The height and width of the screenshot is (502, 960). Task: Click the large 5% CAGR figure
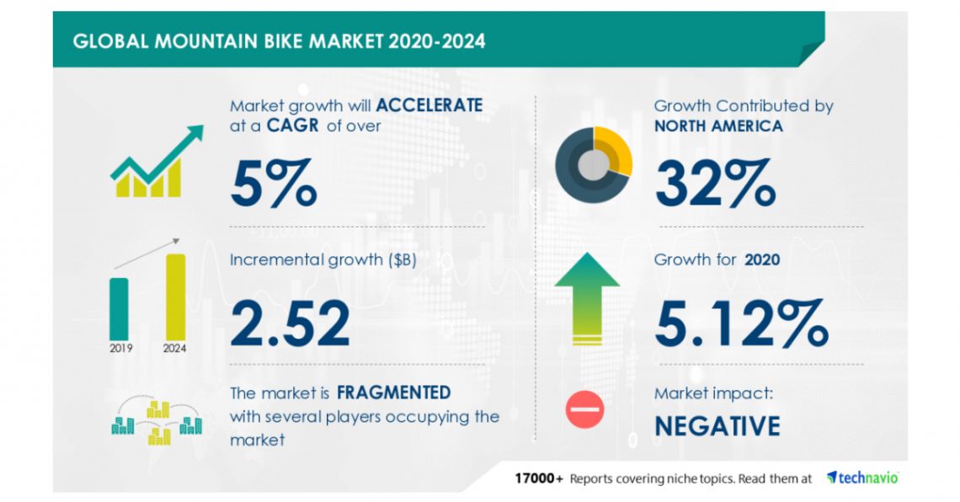coord(274,183)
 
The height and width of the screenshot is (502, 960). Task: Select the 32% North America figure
coord(715,183)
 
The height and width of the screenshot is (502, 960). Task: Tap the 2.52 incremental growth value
coord(290,324)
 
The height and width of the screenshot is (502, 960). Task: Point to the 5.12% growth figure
coord(741,324)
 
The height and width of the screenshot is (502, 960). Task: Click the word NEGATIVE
coord(717,426)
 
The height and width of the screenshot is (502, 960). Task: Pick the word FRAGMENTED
coord(393,393)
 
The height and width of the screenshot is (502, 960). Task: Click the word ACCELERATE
coord(429,105)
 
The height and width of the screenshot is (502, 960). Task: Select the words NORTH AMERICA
coord(718,126)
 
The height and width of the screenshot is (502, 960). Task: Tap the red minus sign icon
coord(584,409)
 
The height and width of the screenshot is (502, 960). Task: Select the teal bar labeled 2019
coord(120,308)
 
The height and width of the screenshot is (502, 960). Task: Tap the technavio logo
coord(862,478)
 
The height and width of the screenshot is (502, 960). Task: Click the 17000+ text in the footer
coord(539,478)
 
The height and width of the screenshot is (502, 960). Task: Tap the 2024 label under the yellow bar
coord(175,348)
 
